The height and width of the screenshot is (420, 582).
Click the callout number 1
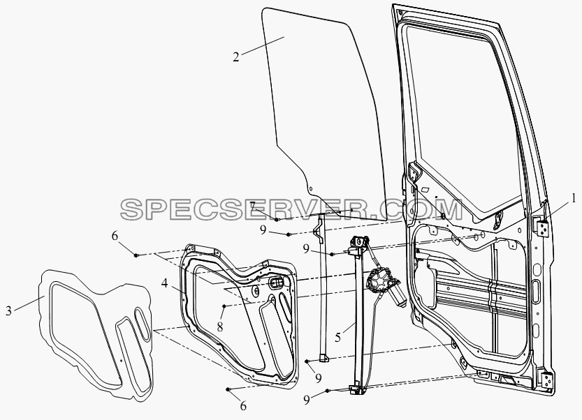(x=574, y=199)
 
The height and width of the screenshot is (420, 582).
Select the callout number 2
(x=236, y=57)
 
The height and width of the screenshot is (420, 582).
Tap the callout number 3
(x=8, y=310)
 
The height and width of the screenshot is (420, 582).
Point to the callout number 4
(x=164, y=284)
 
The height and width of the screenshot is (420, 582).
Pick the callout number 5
(x=337, y=338)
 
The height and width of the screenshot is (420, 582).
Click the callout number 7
(x=252, y=206)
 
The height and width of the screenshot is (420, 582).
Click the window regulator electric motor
(x=385, y=287)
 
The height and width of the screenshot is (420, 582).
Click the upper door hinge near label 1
(x=544, y=227)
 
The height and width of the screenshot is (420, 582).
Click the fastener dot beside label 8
(x=224, y=306)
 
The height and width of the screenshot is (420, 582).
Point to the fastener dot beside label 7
(x=277, y=220)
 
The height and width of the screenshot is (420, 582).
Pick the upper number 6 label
(x=115, y=236)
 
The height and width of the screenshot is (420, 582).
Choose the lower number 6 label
(x=243, y=406)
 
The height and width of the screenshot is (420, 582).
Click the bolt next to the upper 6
(x=136, y=255)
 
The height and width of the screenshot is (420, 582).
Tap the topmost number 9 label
(x=263, y=230)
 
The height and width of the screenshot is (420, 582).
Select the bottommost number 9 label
(x=307, y=400)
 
